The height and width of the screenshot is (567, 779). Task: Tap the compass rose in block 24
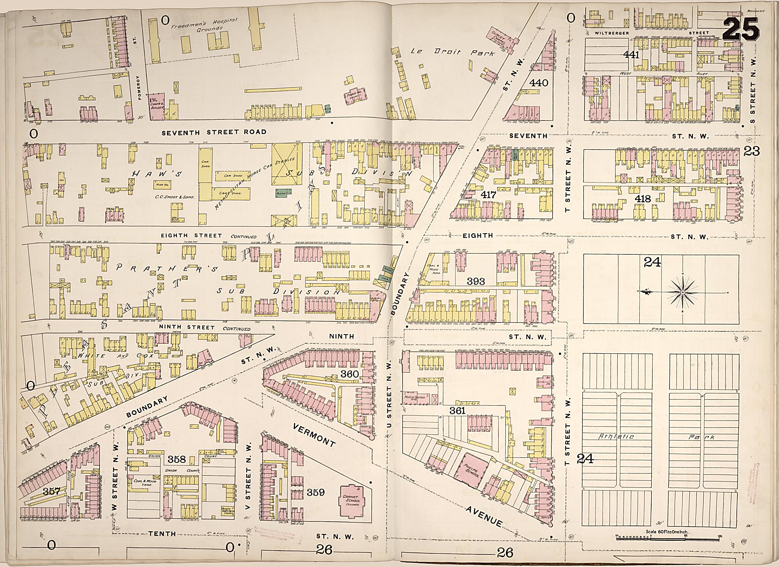coord(683,292)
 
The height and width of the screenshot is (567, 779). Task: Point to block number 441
coord(631,55)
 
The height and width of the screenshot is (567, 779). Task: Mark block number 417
coord(488,195)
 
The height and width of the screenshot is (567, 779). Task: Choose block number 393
coord(476,281)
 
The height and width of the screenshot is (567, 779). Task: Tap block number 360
coord(349,374)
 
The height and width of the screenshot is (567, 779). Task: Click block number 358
coord(176,460)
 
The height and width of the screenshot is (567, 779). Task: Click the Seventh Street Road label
coord(214,132)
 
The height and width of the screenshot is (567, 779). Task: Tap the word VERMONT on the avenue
coord(314,435)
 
